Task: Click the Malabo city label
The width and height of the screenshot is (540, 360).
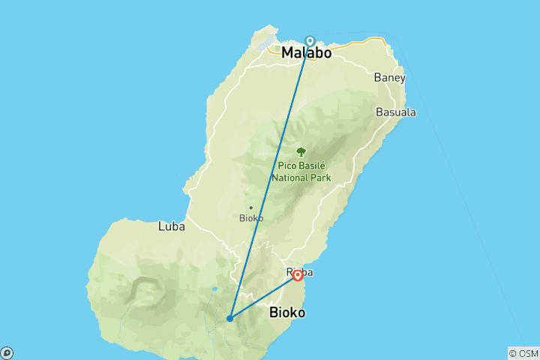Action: [x=306, y=54]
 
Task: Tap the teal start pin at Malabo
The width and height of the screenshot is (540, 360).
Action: [x=310, y=41]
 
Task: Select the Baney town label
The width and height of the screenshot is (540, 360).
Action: [x=389, y=77]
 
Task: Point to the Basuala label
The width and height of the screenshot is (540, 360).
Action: [x=397, y=112]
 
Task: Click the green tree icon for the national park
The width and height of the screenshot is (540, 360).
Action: [x=301, y=151]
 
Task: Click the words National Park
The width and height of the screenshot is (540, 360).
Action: [x=301, y=178]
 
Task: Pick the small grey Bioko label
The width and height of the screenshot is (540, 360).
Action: [x=250, y=218]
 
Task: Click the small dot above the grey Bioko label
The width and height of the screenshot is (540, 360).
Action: [x=250, y=208]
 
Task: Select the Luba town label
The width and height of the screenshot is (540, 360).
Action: [x=171, y=225]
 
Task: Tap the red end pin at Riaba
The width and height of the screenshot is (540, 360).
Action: [x=298, y=275]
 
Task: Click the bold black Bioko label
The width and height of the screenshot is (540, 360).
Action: [x=286, y=312]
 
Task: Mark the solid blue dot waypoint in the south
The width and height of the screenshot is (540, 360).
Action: [x=229, y=319]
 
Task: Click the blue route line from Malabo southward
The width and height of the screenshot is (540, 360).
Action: [x=270, y=180]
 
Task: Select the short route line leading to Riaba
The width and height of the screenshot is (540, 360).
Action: [x=262, y=298]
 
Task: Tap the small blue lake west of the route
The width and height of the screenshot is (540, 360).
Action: [x=215, y=289]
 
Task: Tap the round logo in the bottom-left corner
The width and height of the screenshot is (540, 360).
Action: [x=7, y=352]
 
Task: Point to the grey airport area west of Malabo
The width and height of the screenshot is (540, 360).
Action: [x=266, y=45]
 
